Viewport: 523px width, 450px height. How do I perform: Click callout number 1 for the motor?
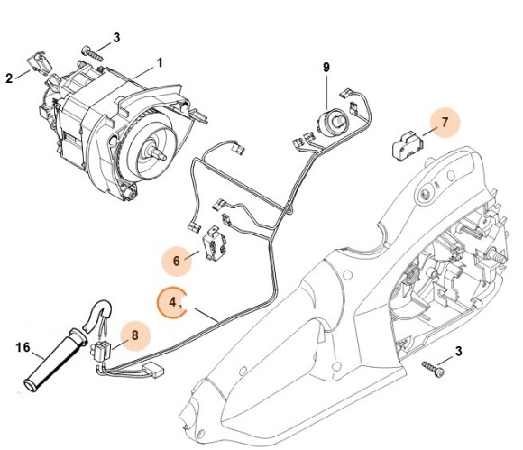click(160, 63)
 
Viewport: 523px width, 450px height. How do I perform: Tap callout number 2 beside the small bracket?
click(10, 78)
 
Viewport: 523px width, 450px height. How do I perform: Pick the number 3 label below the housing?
click(459, 350)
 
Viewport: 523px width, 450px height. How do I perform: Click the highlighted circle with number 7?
click(443, 121)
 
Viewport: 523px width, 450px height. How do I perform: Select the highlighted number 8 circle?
click(135, 335)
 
